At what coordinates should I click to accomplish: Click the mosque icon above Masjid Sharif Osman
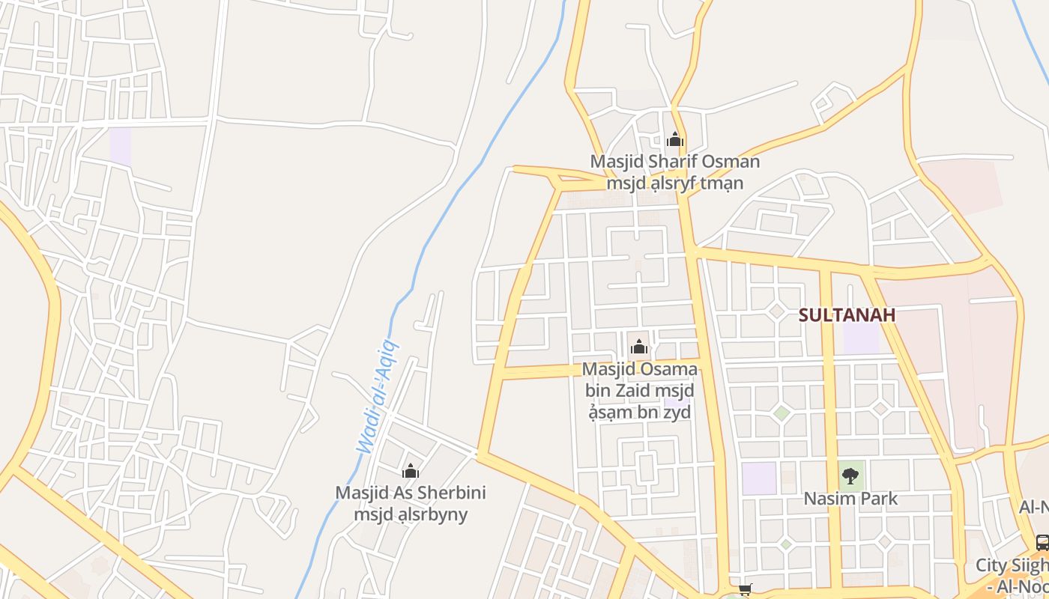675,139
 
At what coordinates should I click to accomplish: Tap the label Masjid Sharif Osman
674,162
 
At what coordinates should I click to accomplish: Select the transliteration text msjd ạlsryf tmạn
674,183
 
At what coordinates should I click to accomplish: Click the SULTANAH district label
847,314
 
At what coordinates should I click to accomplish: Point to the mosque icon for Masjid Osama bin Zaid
639,347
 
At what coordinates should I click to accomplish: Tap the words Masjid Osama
639,370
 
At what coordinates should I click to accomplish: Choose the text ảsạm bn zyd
639,412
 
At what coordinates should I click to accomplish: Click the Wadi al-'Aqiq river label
378,397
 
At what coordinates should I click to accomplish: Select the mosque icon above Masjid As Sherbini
410,471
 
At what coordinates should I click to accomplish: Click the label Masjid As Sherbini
410,493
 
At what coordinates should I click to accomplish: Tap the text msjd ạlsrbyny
411,514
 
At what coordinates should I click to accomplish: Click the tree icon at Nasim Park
850,475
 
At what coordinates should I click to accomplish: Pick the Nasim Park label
850,499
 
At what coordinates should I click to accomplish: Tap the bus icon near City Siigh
1042,542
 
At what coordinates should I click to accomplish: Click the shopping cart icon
745,590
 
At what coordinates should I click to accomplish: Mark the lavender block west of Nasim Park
759,478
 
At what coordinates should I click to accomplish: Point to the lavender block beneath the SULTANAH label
861,338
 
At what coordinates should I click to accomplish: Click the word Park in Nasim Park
877,499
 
